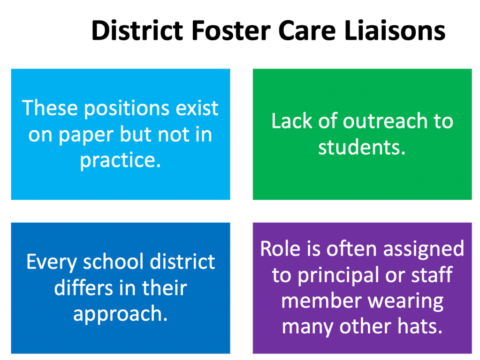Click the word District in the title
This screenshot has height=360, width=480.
[x=137, y=30]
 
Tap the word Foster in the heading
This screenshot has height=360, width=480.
[x=231, y=30]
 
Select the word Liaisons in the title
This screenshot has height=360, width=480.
[x=395, y=30]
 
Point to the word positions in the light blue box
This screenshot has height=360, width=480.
[x=126, y=109]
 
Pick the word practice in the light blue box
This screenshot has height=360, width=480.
[x=120, y=160]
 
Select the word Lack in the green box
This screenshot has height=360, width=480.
[x=291, y=121]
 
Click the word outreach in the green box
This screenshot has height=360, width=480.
[x=384, y=121]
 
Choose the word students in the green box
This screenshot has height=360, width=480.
[x=362, y=147]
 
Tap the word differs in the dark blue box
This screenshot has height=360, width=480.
[x=84, y=287]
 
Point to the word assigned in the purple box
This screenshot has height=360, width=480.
[x=424, y=249]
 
